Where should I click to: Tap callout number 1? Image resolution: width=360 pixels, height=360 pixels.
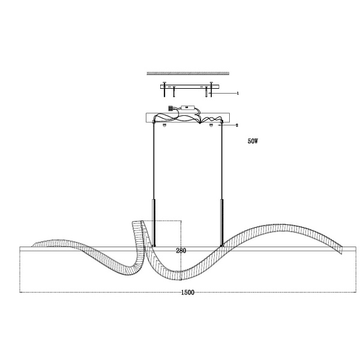tap(238, 93)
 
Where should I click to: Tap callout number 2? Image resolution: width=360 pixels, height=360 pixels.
tap(238, 125)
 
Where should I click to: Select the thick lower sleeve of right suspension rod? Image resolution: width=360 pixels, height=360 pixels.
tap(223, 222)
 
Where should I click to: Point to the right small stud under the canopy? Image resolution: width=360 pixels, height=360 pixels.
tap(211, 125)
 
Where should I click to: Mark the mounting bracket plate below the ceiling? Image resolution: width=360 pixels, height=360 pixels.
tap(189, 86)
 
